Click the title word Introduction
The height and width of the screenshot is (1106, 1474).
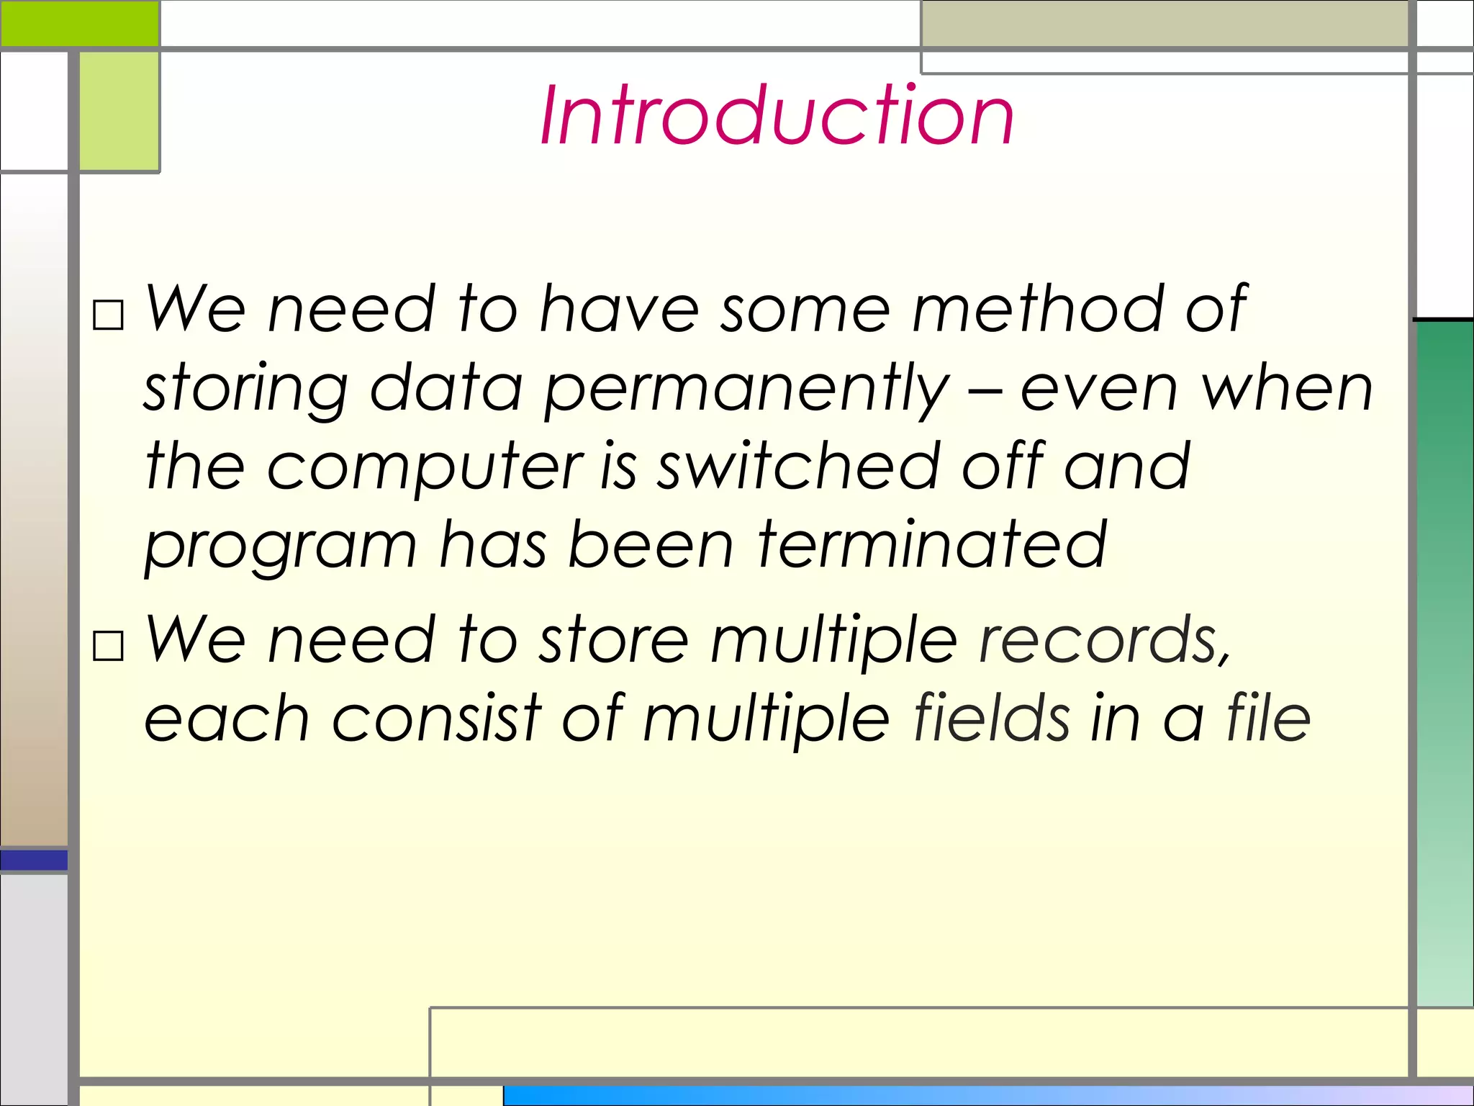pyautogui.click(x=777, y=115)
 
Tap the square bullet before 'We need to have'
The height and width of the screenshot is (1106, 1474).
pyautogui.click(x=109, y=315)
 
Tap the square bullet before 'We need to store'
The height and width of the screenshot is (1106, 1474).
pyautogui.click(x=109, y=646)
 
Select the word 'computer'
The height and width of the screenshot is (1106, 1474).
pyautogui.click(x=425, y=469)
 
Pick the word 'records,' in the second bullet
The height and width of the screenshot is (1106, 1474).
pyautogui.click(x=1105, y=639)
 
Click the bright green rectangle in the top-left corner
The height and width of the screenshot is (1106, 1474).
pyautogui.click(x=79, y=23)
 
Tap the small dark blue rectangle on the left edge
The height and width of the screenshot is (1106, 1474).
pyautogui.click(x=34, y=860)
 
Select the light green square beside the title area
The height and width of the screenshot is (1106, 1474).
pyautogui.click(x=119, y=112)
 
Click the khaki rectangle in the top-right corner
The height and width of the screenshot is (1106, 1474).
pyautogui.click(x=1164, y=23)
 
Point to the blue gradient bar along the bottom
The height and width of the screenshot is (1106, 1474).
pyautogui.click(x=986, y=1095)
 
